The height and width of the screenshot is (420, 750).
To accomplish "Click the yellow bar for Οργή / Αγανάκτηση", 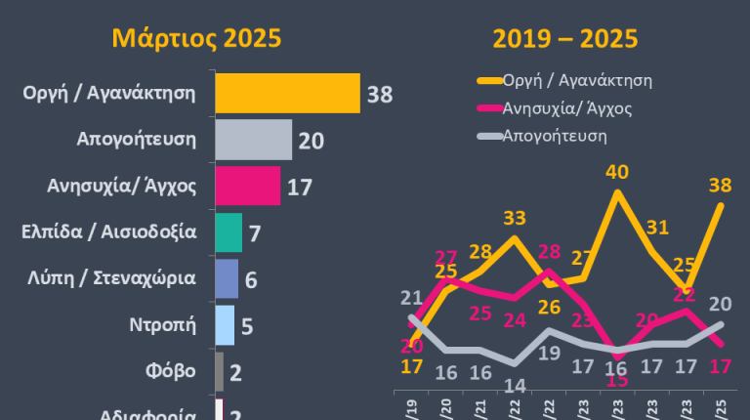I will coord(287,94).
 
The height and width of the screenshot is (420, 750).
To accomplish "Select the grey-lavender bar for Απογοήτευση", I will coord(253,140).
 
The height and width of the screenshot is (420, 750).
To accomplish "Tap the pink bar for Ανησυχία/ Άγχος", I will coord(247,186).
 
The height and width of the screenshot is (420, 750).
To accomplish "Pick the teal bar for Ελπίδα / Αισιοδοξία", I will coord(228,232).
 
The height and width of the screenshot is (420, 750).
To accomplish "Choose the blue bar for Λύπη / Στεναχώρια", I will coord(226,278).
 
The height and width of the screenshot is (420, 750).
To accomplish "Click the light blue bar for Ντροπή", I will coord(224,325).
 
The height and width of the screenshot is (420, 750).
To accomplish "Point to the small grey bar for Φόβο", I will coord(219,371).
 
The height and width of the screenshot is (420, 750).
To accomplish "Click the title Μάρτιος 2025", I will coord(196,38).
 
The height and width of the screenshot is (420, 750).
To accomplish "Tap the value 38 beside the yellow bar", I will coord(379,95).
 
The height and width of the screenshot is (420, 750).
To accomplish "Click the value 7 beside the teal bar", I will coord(255,233).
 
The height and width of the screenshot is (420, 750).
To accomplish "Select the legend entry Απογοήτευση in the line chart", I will coord(554,136).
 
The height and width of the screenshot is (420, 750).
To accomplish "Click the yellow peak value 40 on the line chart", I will coord(616,173).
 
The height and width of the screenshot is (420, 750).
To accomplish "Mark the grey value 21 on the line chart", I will coord(411,298).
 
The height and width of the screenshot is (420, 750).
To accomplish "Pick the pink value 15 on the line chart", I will coord(616,380).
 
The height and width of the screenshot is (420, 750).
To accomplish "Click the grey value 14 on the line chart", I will coord(515,385).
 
